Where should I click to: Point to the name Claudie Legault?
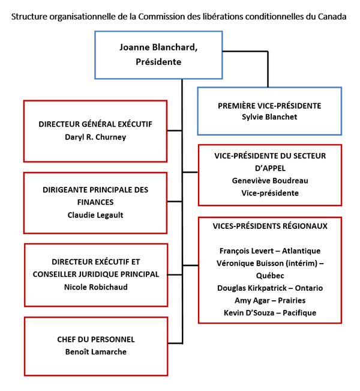coord(95,215)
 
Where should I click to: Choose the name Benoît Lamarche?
coord(95,352)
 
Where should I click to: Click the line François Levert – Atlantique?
coord(270,250)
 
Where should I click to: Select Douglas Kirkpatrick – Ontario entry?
coord(270,288)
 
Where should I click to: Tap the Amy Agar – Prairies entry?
coord(269,300)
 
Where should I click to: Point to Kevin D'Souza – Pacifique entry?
coord(269,312)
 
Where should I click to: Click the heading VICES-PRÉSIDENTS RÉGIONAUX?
coord(270,226)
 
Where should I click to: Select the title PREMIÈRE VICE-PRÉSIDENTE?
coord(269,105)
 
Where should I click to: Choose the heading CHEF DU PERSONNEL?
coord(95,339)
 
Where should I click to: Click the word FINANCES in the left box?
coord(95,202)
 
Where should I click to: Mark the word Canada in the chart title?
coord(332,16)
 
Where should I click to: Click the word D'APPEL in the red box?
coord(270,168)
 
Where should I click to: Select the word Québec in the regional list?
coord(269,275)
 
